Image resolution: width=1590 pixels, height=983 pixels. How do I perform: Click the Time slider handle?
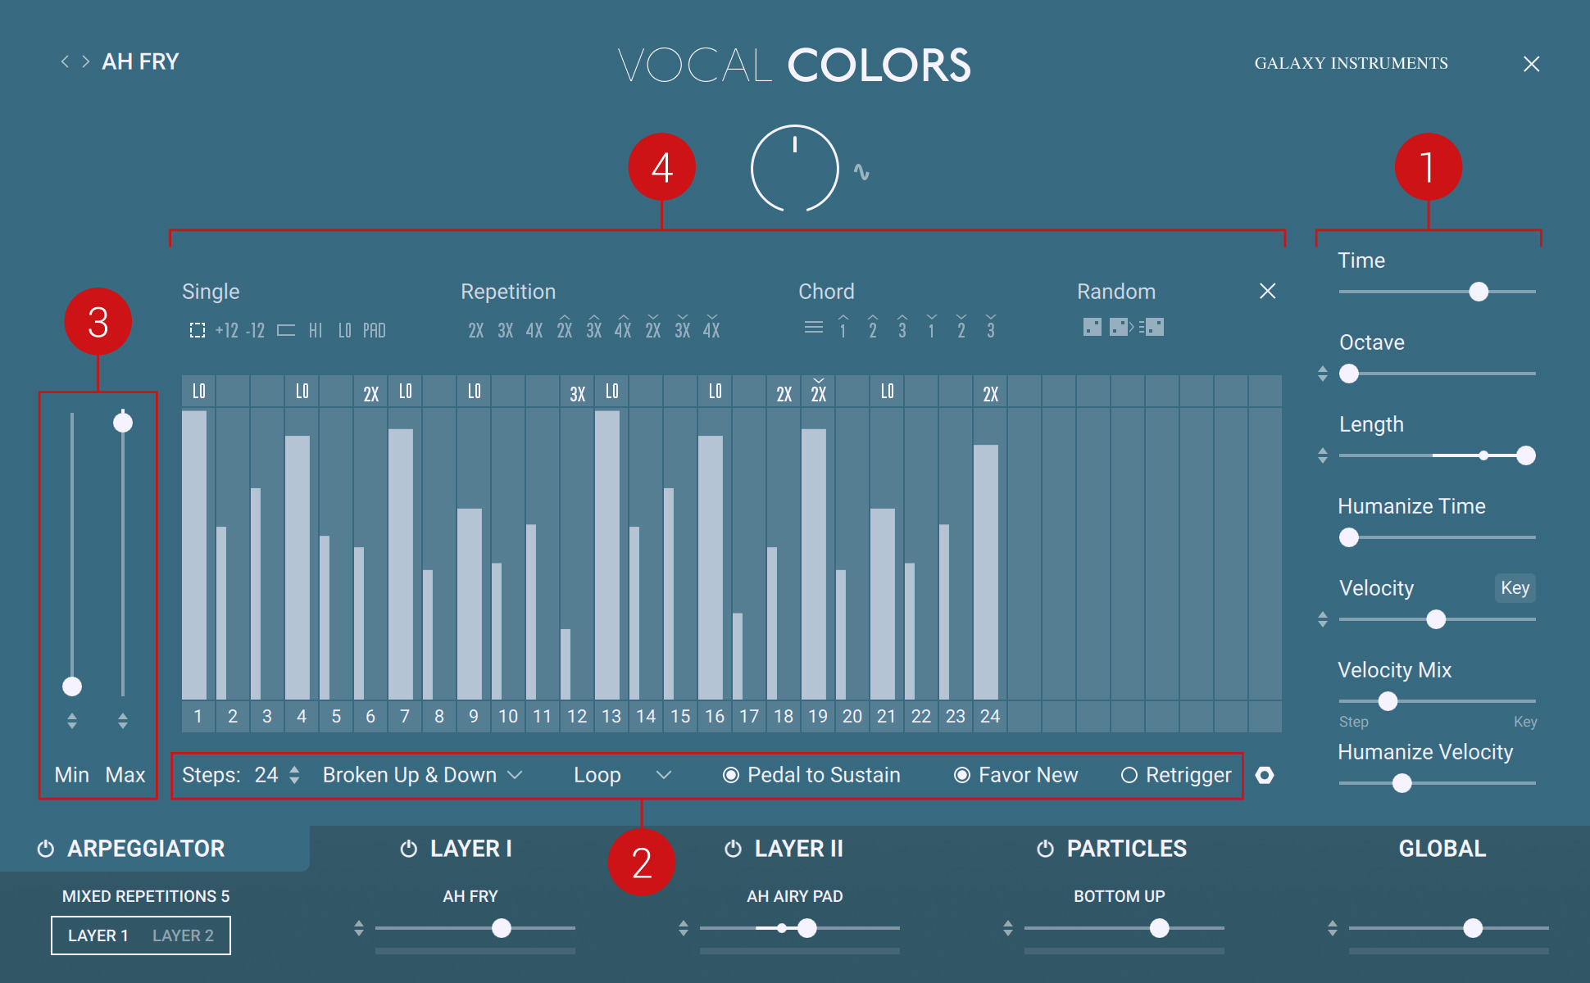[1479, 292]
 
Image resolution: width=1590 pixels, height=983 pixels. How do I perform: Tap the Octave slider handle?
[1349, 374]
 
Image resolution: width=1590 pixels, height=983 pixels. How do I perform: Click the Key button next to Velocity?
[1515, 587]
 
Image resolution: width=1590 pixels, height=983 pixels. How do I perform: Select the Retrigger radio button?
[1129, 775]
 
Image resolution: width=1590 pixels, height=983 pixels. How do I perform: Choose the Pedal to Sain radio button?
[731, 775]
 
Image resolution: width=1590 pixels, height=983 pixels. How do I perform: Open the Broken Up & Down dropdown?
[422, 775]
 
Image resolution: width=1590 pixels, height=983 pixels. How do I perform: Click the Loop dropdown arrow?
[664, 775]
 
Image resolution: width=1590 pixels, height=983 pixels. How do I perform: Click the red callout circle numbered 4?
[661, 167]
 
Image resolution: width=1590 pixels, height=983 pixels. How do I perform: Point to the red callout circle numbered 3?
[98, 321]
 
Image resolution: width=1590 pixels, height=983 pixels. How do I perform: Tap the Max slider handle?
[123, 423]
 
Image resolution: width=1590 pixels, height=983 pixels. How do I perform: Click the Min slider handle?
[72, 686]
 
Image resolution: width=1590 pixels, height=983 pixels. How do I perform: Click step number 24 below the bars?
[990, 716]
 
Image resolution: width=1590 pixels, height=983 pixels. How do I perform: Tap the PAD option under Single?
[374, 330]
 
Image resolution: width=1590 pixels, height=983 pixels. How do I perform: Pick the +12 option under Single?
[226, 330]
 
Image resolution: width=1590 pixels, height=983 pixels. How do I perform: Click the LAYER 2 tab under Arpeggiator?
[183, 935]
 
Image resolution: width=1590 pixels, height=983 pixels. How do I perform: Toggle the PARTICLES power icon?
[1045, 849]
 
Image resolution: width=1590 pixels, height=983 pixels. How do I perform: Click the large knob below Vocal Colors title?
[794, 168]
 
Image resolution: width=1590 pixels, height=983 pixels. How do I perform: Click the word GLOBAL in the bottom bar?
[1442, 849]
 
